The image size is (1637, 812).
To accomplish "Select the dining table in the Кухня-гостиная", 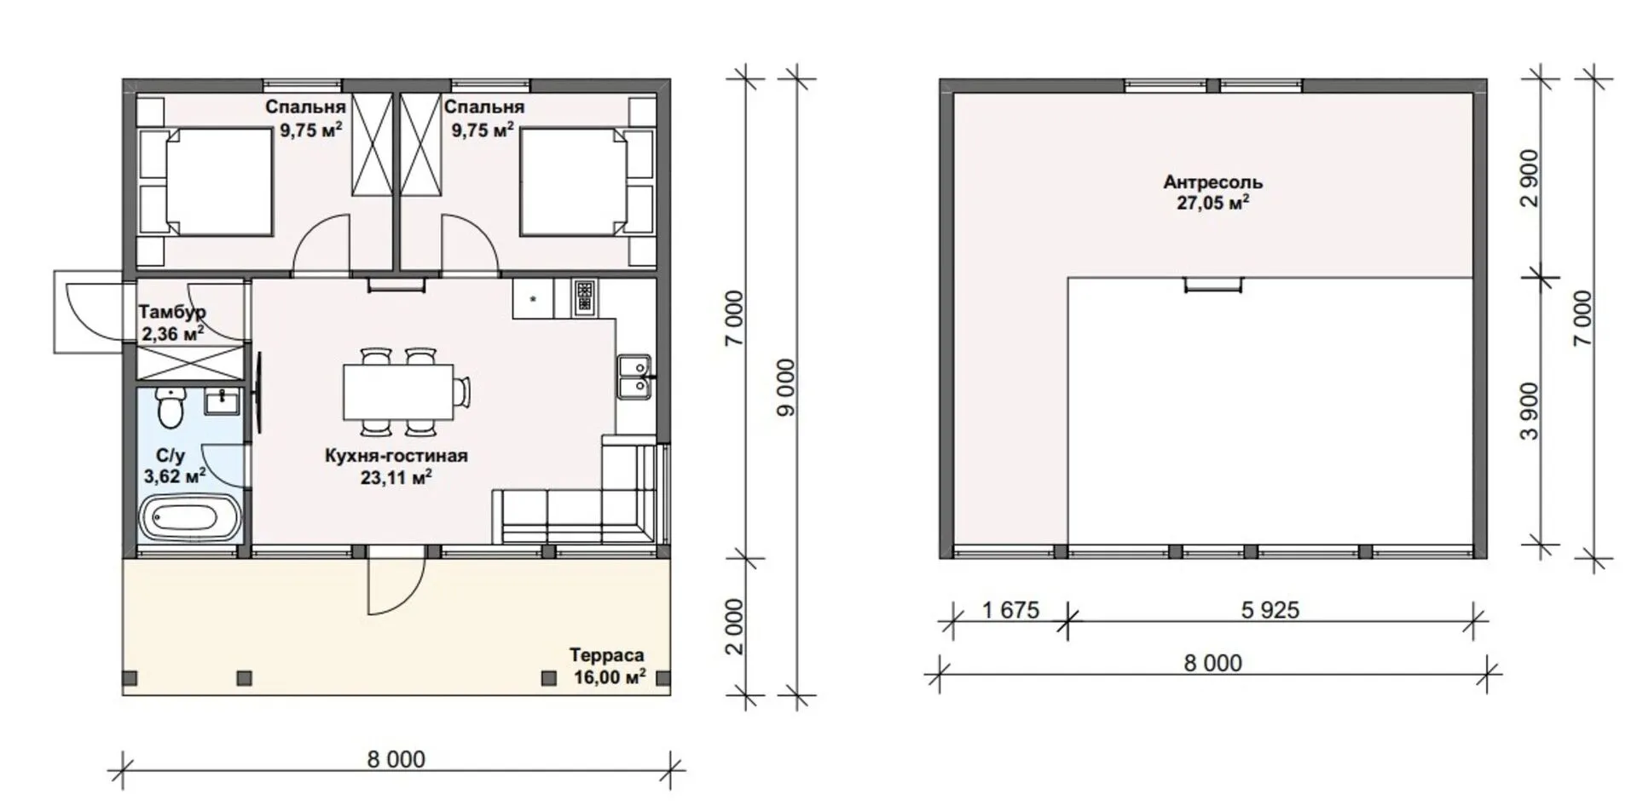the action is [x=399, y=392].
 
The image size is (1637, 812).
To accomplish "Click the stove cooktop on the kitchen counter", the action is [x=585, y=297].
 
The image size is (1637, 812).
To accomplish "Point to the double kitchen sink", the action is [x=634, y=377].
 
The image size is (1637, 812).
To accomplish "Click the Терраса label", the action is [x=607, y=655].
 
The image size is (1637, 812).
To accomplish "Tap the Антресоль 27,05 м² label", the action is [x=1213, y=193].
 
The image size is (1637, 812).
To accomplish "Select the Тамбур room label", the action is [x=172, y=312].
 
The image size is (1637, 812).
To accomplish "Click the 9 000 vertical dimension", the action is [x=786, y=387].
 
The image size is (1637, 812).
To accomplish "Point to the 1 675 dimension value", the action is [x=1010, y=610].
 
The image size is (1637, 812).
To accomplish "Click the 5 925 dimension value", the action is [x=1270, y=610].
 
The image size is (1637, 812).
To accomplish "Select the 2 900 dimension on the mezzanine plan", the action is [x=1531, y=178].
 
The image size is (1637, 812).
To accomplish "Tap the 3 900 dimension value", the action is [x=1531, y=411].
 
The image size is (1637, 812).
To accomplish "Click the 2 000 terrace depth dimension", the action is [x=735, y=626].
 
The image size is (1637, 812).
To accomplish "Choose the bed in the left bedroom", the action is [x=217, y=181].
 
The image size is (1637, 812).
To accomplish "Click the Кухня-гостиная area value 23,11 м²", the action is [x=396, y=477].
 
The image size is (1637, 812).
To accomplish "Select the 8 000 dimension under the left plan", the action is [x=396, y=759].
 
